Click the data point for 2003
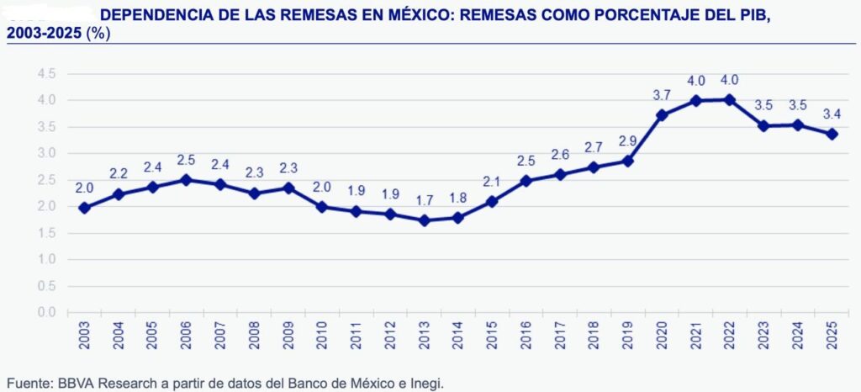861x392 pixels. pyautogui.click(x=84, y=208)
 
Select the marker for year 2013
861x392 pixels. pyautogui.click(x=425, y=220)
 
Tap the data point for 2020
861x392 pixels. pyautogui.click(x=663, y=115)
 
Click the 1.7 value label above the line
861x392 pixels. pyautogui.click(x=425, y=200)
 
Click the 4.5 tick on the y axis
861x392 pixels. pyautogui.click(x=47, y=74)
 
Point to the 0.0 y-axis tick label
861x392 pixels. pyautogui.click(x=47, y=313)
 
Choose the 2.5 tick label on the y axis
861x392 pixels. pyautogui.click(x=47, y=180)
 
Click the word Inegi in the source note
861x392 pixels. pyautogui.click(x=425, y=383)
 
